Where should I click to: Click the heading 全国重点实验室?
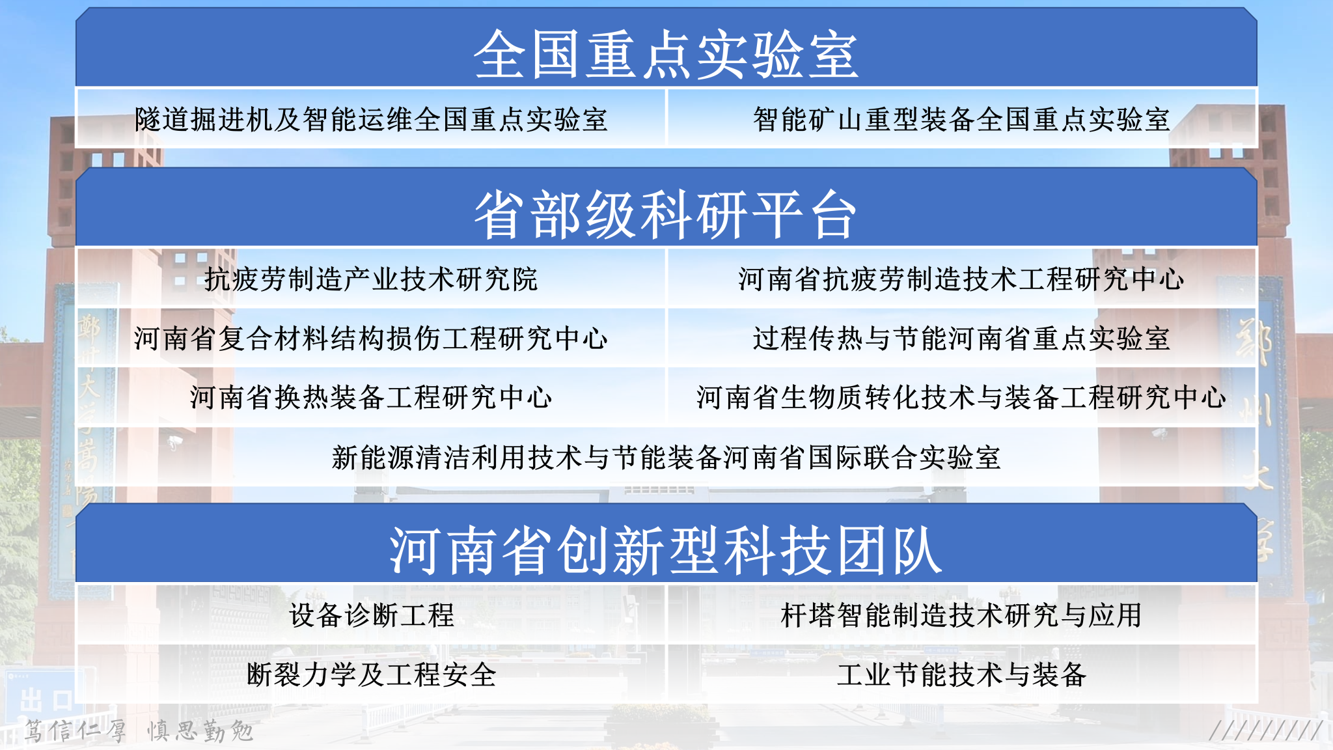click(x=666, y=55)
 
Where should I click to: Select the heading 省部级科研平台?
click(x=665, y=214)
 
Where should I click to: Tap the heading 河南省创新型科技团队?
click(x=666, y=550)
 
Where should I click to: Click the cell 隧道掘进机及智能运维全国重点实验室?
click(x=371, y=119)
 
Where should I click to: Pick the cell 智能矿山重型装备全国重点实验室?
click(x=961, y=119)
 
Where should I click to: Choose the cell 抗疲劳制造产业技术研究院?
click(x=371, y=279)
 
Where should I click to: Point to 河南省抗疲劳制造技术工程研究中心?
click(x=961, y=279)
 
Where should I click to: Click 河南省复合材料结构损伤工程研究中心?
click(x=371, y=338)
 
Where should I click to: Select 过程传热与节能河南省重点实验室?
click(x=961, y=338)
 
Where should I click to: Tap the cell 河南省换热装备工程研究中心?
click(x=371, y=397)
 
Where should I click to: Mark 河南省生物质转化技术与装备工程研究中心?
click(x=961, y=397)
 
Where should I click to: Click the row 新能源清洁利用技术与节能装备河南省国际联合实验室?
click(x=666, y=457)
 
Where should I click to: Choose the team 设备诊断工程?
click(x=371, y=615)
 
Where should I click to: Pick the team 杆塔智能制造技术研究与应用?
click(x=961, y=615)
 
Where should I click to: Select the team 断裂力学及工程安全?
click(x=371, y=674)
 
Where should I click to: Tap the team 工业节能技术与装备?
click(x=961, y=674)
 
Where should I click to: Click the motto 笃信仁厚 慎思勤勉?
click(x=139, y=730)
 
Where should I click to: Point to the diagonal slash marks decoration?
click(x=1265, y=730)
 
